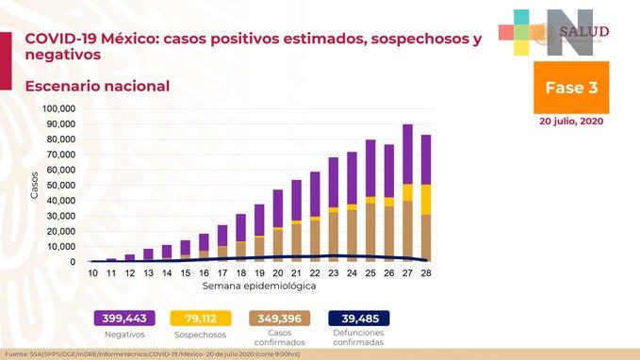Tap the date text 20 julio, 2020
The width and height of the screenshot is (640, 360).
[570, 122]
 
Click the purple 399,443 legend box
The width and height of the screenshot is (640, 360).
[123, 319]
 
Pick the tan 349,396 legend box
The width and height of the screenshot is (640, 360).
[279, 319]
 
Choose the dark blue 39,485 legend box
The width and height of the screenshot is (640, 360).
[358, 319]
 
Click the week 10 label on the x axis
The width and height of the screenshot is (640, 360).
[92, 272]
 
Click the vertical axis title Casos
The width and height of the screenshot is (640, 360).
[35, 185]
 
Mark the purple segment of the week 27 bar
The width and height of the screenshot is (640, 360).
[407, 154]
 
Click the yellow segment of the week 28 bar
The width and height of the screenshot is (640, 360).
[426, 199]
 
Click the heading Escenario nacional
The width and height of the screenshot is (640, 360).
[97, 87]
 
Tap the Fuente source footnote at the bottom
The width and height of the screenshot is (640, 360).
[166, 353]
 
